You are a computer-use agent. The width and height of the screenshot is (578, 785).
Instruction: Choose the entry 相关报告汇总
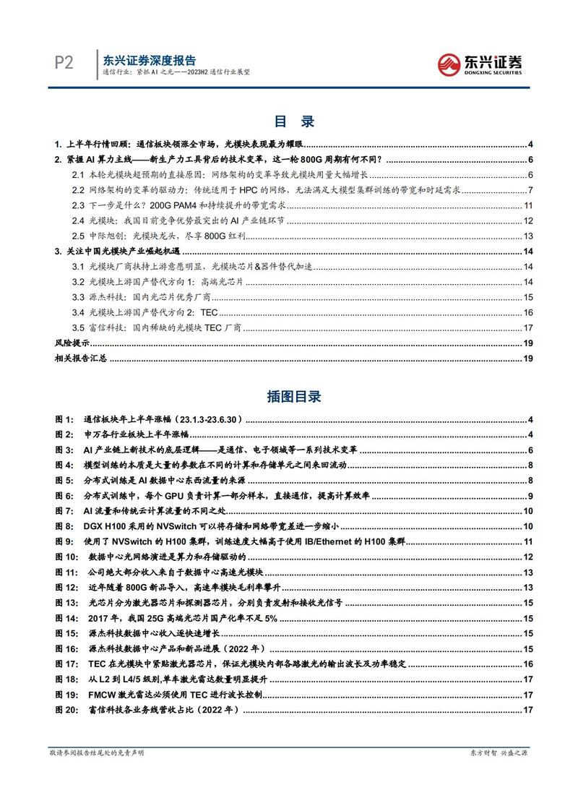81,358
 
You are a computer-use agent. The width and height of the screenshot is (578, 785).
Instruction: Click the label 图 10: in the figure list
66,557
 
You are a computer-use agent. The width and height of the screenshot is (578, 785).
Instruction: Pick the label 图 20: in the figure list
66,709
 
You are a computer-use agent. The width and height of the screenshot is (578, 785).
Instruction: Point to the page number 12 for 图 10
527,557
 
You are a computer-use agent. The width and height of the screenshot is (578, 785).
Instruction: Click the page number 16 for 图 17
527,664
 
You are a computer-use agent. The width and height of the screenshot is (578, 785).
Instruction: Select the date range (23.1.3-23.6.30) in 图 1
206,420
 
